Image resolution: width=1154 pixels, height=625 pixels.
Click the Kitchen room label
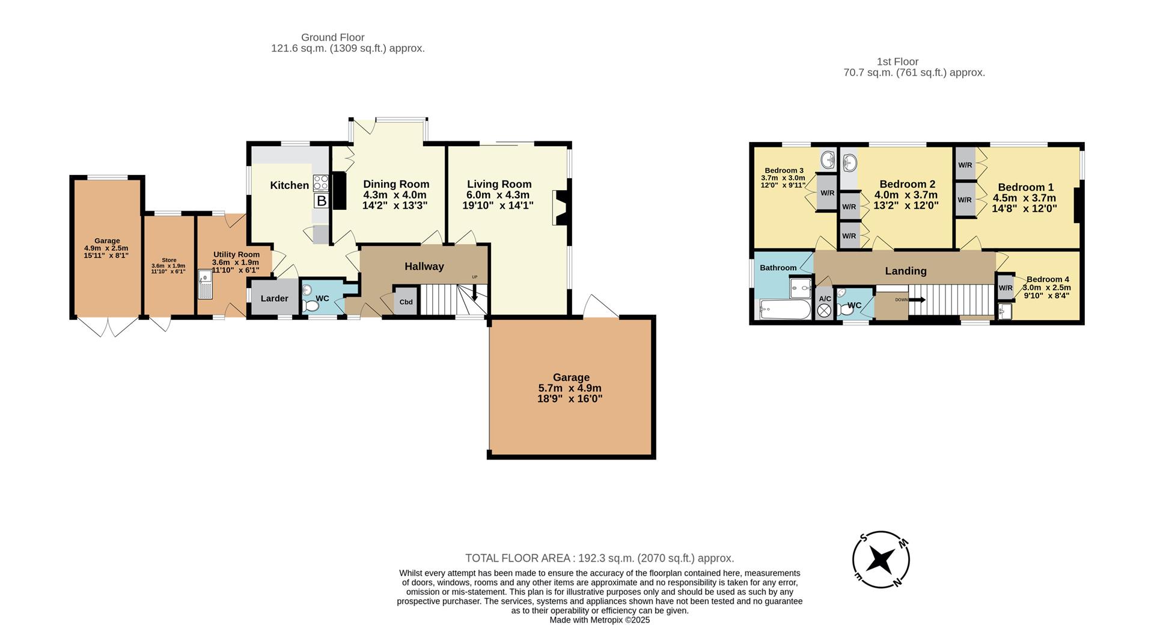pos(289,185)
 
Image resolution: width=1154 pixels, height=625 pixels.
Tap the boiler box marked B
pos(322,201)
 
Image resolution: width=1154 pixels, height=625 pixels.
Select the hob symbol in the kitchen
pos(321,183)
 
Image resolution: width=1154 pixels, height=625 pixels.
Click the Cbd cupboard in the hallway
pos(406,302)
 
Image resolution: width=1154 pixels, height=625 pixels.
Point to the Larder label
pos(274,298)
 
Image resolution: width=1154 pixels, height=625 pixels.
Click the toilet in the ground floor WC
pos(311,306)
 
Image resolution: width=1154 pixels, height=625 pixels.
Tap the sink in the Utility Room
pos(205,287)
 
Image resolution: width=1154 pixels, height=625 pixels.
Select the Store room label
pos(169,260)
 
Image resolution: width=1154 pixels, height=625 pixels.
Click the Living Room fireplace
pos(560,208)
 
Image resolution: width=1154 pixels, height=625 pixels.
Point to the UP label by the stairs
pos(474,277)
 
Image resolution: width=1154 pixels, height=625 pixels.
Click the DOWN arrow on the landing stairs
pos(916,299)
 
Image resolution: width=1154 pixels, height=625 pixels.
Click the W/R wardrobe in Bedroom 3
pos(827,192)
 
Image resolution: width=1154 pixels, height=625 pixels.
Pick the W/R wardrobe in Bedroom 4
pos(1005,288)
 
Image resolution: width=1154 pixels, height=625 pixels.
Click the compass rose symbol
pos(881,560)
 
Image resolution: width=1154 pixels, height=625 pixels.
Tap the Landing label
pos(905,271)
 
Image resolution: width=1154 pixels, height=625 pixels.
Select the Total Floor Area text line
pos(599,558)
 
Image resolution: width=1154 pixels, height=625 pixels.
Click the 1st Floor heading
pos(897,61)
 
